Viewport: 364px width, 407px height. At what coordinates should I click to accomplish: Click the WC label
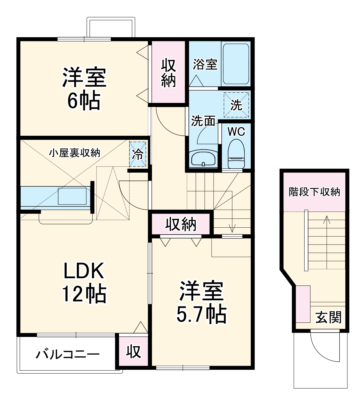point(236,132)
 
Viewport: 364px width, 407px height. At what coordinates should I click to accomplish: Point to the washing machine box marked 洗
point(236,105)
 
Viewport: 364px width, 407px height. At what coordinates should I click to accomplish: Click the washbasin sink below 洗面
point(203,159)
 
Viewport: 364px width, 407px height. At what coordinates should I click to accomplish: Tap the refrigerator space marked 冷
point(138,154)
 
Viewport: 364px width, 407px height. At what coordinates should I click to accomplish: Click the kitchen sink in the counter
point(72,197)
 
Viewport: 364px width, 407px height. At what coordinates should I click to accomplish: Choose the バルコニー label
point(68,354)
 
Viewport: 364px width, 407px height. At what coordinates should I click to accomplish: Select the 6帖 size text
point(84,101)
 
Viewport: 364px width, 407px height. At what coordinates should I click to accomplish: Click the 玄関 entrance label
point(329,317)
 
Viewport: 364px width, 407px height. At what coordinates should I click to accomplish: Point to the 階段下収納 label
point(314,192)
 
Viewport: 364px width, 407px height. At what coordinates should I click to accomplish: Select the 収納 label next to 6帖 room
point(169,73)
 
